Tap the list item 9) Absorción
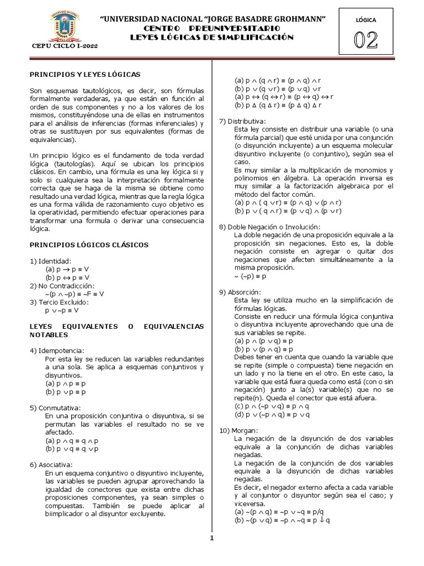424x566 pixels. pos(240,292)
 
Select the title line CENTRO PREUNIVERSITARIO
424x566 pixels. pos(212,28)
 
